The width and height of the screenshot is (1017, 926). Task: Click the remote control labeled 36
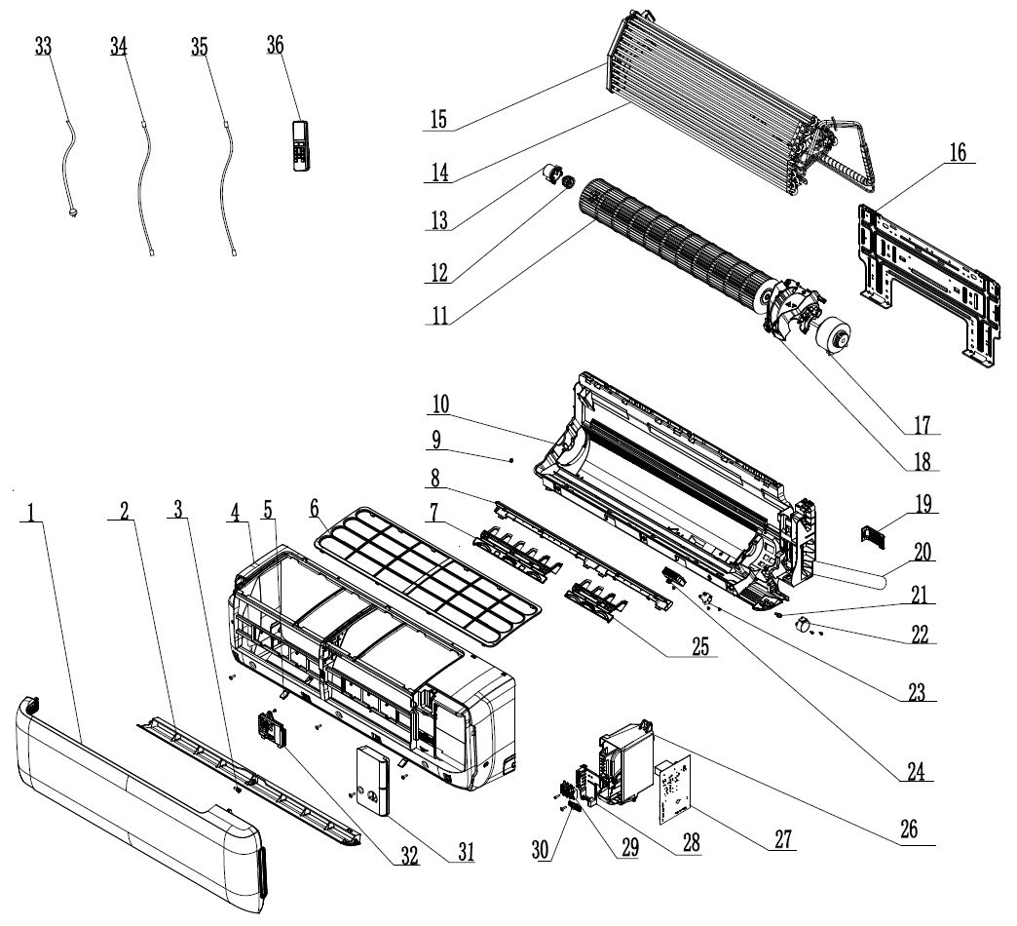300,145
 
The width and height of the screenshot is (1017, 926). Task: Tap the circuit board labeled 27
672,785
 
